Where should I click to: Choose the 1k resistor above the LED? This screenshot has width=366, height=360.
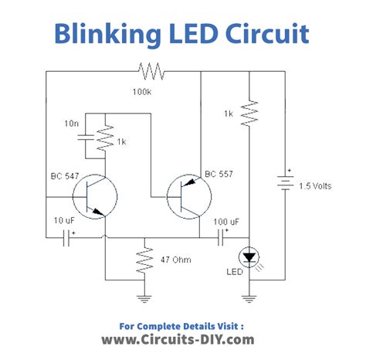(249, 113)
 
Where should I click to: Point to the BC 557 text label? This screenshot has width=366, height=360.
(220, 175)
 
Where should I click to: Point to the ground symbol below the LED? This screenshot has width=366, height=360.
(249, 297)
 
